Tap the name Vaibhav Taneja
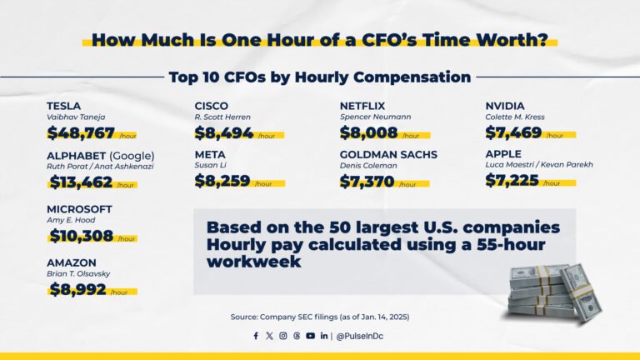76,117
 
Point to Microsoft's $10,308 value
81,236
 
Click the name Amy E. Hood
71,220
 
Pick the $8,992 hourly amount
77,289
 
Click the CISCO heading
212,106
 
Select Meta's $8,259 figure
223,181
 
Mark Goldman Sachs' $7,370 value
367,181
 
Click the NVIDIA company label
505,106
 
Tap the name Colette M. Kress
515,117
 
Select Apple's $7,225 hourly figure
512,181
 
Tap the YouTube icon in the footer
310,336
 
